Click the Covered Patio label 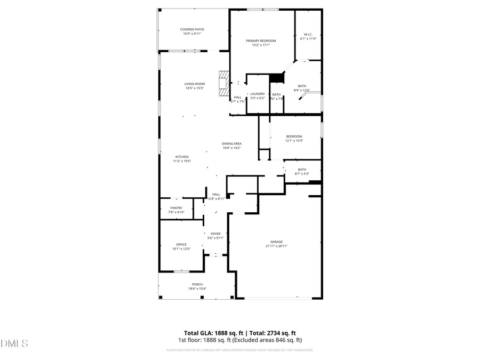click(192, 29)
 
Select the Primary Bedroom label click(261, 41)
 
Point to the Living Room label click(195, 84)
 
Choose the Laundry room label click(258, 94)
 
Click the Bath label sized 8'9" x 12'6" click(302, 86)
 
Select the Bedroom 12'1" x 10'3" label click(294, 137)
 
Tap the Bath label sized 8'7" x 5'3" click(302, 170)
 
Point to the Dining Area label click(232, 143)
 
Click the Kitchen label click(182, 157)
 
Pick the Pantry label click(177, 208)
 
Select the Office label click(181, 245)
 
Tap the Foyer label click(215, 234)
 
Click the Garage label click(276, 242)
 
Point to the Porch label click(197, 284)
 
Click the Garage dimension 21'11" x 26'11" click(276, 246)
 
